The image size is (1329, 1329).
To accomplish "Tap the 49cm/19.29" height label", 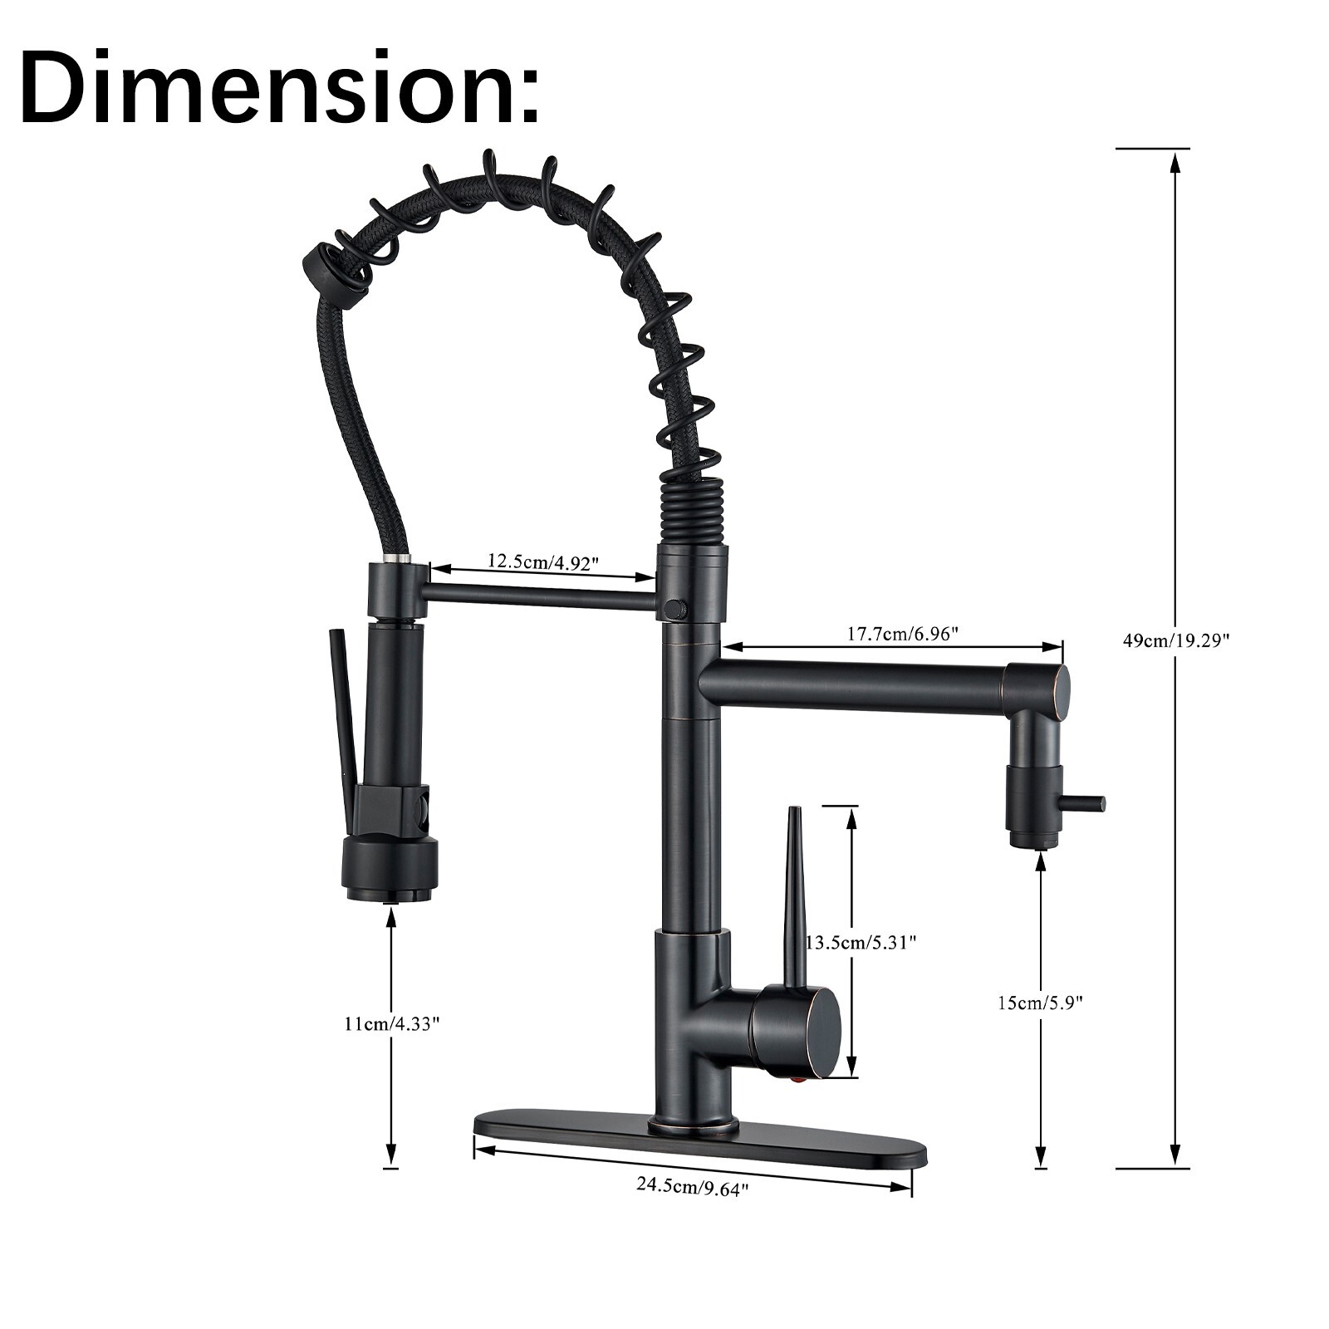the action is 1175,640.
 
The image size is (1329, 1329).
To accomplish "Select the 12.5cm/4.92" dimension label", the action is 542,562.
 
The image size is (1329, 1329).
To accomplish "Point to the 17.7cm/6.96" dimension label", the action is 903,634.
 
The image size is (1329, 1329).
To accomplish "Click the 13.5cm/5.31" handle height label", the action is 861,943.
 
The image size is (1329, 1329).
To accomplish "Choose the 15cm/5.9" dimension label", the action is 1041,1003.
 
